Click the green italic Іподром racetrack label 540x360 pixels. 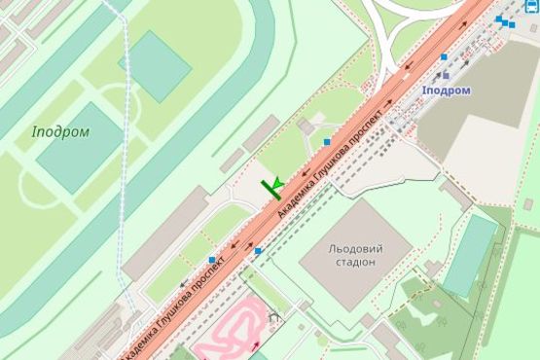60,131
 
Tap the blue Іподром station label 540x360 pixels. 447,90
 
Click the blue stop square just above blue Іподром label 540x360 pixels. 444,57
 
